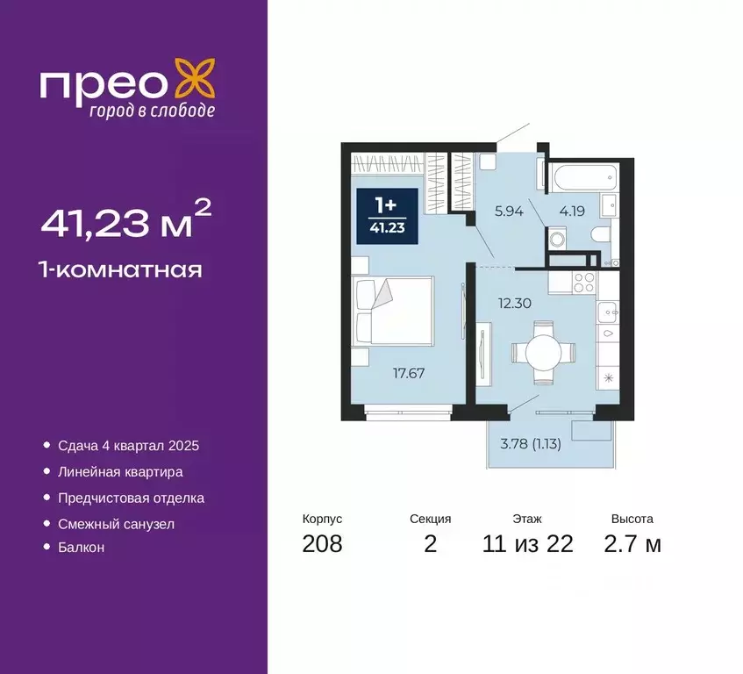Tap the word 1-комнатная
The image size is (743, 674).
[121, 269]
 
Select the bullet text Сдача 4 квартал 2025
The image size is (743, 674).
[128, 446]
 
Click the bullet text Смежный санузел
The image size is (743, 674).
[116, 523]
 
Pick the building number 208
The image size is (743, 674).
[322, 543]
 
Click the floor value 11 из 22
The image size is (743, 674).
[527, 543]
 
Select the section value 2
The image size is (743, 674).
[430, 543]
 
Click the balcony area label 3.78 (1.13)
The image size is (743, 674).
[530, 442]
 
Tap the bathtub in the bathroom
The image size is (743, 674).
[582, 176]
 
